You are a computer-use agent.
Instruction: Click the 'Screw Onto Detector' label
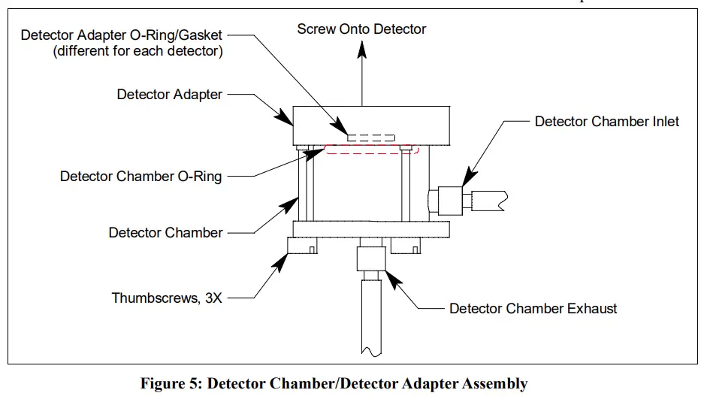[x=361, y=29]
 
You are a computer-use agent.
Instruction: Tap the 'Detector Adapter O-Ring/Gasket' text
[x=125, y=35]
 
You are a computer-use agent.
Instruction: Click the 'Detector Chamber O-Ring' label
[x=140, y=177]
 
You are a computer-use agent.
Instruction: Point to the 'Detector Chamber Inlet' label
[x=606, y=121]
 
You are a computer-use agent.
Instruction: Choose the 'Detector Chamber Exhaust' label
[x=533, y=308]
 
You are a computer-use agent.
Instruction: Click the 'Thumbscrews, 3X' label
[x=167, y=298]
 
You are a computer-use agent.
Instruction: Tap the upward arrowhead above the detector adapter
[x=362, y=49]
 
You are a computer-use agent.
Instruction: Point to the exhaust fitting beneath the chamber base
[x=371, y=260]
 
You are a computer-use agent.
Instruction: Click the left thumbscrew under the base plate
[x=301, y=246]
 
